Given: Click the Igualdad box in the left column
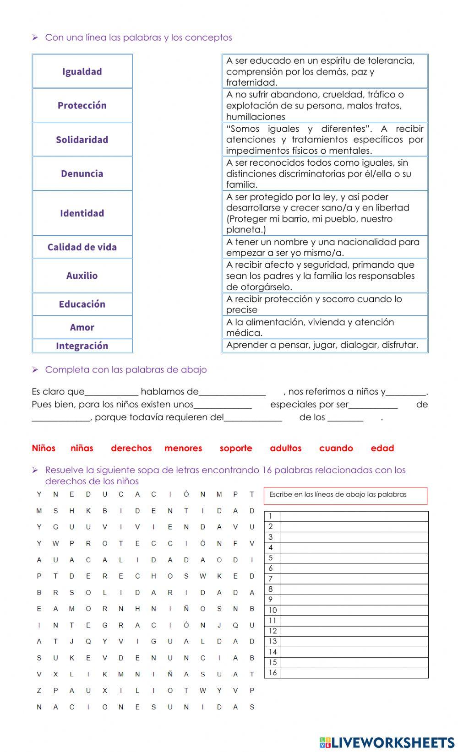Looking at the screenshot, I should pos(82,71).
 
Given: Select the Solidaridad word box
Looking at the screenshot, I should pos(82,140).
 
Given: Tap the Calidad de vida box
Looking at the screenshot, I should pos(82,247).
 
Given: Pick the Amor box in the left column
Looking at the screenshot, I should pos(82,327).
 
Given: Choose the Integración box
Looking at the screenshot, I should pos(82,346).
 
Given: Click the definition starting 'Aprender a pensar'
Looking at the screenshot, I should pos(325,345).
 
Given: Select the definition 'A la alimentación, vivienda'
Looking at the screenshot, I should pos(325,327).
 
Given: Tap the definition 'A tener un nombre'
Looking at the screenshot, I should pos(325,247).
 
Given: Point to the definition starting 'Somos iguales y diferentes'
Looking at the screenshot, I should pos(325,140).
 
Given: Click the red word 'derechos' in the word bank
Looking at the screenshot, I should pos(131,448).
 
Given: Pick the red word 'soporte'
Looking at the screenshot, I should pos(236,448).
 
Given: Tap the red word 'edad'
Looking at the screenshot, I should pos(382,448).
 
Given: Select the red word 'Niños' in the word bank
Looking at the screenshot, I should pos(44,448).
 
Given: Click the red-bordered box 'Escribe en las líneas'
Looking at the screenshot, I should pos(345,496).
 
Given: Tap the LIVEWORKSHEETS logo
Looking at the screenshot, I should pos(387,742).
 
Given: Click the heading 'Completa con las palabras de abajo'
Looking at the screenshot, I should pos(125,369).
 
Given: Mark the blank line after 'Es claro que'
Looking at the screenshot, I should pos(111,392).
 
